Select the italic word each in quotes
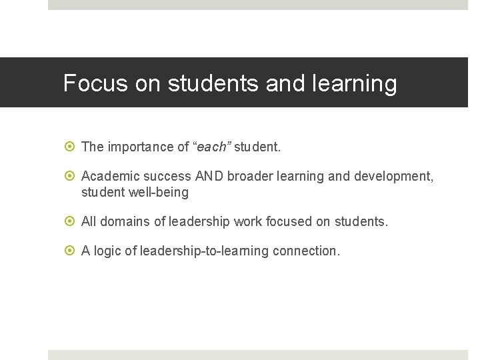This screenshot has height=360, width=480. (211, 147)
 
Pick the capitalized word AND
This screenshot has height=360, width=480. (209, 177)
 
